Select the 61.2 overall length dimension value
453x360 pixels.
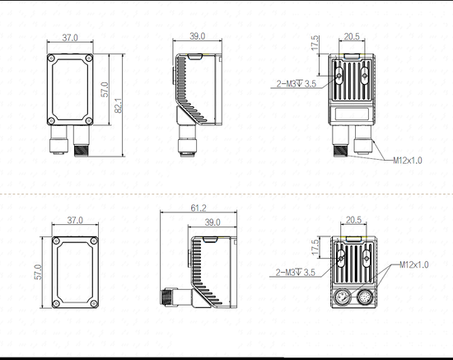[198, 208]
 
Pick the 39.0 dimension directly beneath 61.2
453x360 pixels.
[212, 222]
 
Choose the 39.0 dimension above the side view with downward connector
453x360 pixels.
[198, 37]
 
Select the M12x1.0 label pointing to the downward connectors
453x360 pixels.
[407, 160]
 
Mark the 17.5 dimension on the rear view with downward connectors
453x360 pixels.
[314, 42]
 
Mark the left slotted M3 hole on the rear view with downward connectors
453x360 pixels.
[340, 73]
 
